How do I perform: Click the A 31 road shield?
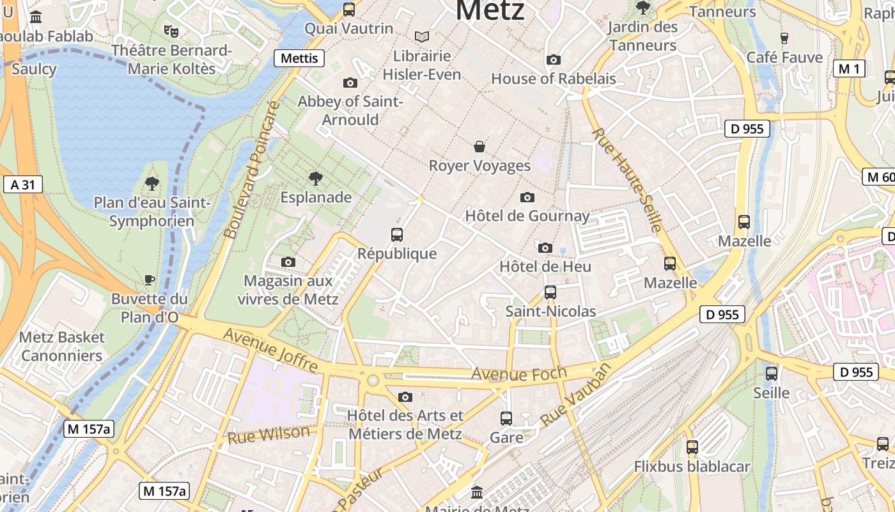[22, 185]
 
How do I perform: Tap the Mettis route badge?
[299, 58]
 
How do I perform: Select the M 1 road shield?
[849, 68]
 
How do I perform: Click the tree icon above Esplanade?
[315, 178]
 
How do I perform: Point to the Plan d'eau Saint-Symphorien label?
[152, 212]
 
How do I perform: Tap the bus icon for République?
[397, 235]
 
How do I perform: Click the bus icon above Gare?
[506, 419]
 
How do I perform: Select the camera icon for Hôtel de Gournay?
[527, 197]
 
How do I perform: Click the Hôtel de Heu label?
[545, 266]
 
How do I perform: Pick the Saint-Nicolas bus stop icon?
[550, 292]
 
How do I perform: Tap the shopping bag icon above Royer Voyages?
[479, 147]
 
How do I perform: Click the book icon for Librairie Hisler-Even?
[421, 37]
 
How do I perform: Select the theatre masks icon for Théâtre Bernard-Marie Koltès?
[171, 31]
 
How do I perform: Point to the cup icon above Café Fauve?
[784, 38]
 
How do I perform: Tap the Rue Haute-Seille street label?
[626, 180]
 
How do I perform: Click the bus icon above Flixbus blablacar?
[692, 447]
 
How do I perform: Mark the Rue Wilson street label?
[268, 435]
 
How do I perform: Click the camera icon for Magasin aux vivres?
[288, 262]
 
